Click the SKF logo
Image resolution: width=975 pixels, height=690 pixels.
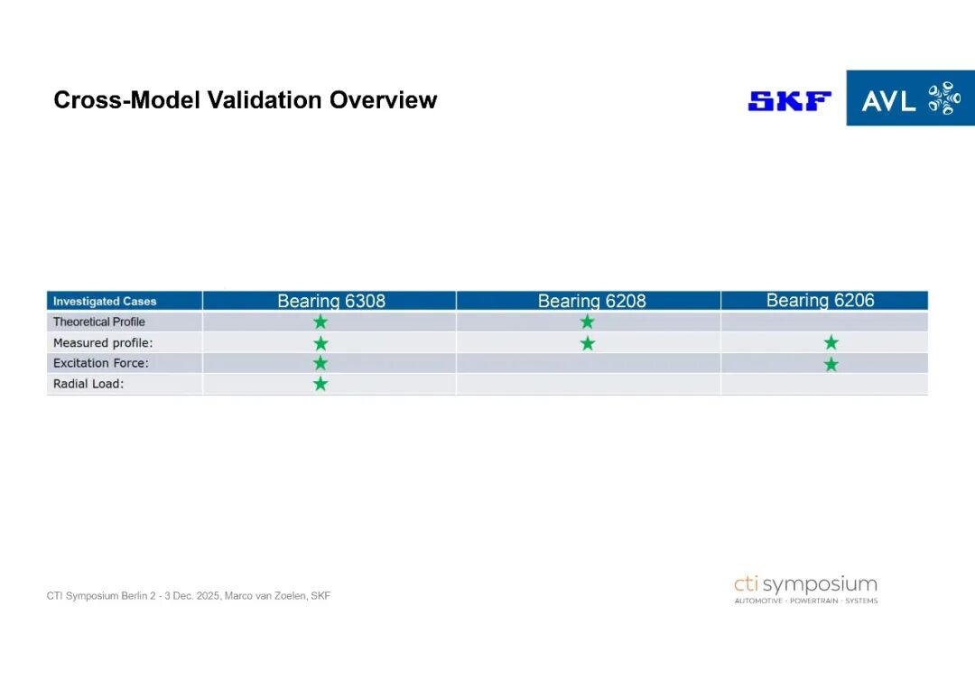click(x=789, y=101)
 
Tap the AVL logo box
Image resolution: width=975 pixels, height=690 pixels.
click(x=910, y=98)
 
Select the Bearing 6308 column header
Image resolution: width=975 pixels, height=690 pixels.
click(x=330, y=301)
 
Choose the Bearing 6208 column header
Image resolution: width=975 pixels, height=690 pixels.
click(x=591, y=301)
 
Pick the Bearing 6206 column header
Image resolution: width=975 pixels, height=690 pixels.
click(x=820, y=300)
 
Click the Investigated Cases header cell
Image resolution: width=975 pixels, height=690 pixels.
click(x=105, y=301)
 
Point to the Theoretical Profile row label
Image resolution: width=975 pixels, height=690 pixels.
click(x=99, y=322)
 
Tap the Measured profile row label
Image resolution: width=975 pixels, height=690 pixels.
click(x=103, y=343)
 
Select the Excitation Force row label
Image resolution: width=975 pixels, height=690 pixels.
click(x=101, y=363)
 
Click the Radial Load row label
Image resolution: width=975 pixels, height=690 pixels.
click(x=88, y=384)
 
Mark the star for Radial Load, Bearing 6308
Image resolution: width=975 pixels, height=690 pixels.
click(x=320, y=384)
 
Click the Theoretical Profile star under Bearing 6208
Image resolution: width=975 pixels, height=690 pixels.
click(x=587, y=322)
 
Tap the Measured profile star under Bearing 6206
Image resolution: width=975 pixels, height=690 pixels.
click(x=831, y=342)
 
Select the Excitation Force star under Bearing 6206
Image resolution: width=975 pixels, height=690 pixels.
click(x=831, y=364)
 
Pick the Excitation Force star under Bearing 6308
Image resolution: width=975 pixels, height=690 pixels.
click(x=320, y=363)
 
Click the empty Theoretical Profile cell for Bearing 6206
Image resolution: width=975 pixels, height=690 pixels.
click(x=824, y=322)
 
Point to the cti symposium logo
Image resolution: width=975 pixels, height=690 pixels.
click(x=806, y=589)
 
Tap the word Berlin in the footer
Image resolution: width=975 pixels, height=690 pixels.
click(x=135, y=595)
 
